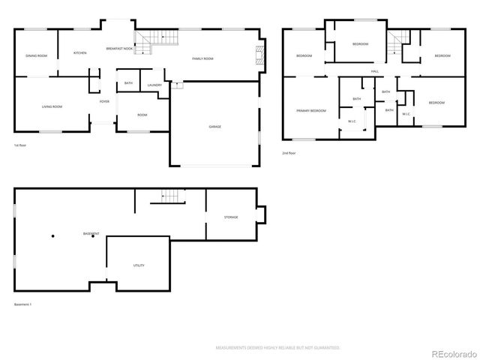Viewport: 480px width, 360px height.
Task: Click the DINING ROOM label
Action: pos(37,56)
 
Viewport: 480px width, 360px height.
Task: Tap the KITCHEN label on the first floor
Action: pos(80,53)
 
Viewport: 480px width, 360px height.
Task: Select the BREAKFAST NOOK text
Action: pos(119,48)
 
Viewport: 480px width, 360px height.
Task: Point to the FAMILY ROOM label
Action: pos(202,58)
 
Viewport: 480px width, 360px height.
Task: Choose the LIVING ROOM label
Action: pos(52,106)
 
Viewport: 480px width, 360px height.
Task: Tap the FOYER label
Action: pos(104,101)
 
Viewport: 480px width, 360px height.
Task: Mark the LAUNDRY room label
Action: pos(154,85)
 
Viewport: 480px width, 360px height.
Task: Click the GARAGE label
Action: pos(214,127)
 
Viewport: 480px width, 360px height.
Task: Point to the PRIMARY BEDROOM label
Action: pos(310,110)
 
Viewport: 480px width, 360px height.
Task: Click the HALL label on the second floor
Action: pos(373,72)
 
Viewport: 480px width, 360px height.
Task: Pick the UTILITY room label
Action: pos(139,265)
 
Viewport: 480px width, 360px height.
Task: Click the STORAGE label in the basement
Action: pos(231,217)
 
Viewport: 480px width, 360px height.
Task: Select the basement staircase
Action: pos(172,196)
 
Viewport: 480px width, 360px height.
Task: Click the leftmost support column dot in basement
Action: pos(53,236)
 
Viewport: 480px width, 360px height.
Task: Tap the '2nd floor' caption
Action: pos(289,153)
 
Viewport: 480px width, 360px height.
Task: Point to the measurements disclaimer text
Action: pos(277,348)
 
